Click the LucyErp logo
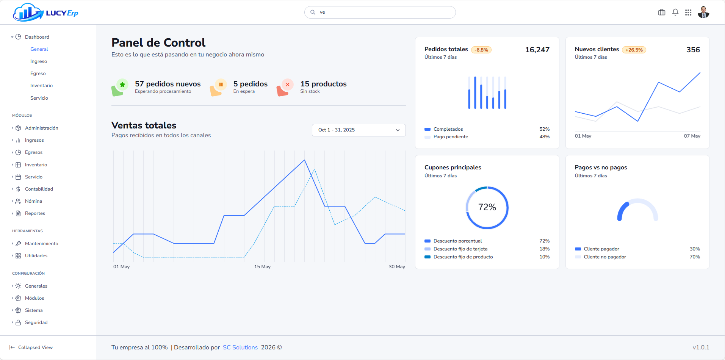click(45, 13)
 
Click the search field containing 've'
click(380, 12)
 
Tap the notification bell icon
click(675, 13)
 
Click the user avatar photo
click(703, 13)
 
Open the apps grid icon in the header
click(688, 13)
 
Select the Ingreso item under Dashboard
click(39, 61)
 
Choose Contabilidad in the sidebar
click(39, 189)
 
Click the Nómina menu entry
click(33, 201)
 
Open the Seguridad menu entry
click(36, 322)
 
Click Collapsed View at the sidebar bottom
click(35, 347)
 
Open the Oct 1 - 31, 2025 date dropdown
click(359, 130)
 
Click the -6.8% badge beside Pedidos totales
click(481, 50)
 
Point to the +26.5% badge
click(634, 50)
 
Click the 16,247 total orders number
click(537, 50)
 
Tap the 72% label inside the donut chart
click(487, 207)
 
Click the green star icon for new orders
click(122, 85)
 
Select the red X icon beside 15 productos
click(288, 85)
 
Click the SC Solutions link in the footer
click(240, 347)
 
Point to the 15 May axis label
click(262, 267)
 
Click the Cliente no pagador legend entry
click(604, 257)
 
